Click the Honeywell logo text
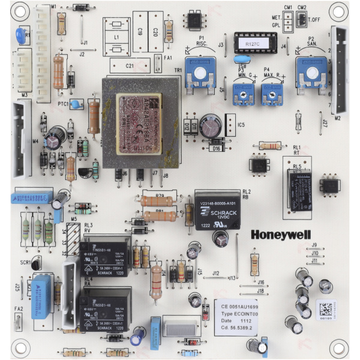[x=278, y=235]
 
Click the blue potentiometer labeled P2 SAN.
[x=311, y=71]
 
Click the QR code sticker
[x=325, y=310]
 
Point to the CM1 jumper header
[x=288, y=22]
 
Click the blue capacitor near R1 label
[x=22, y=33]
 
